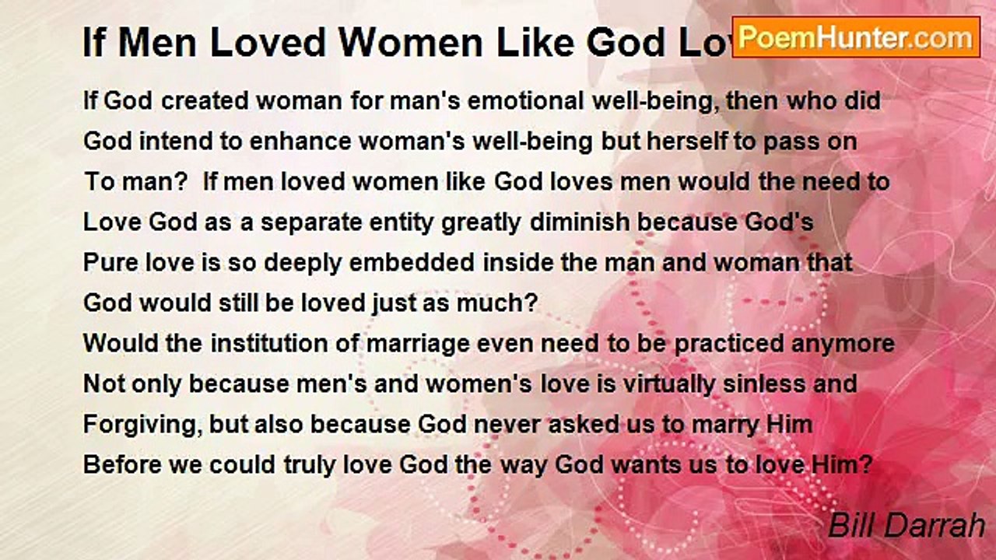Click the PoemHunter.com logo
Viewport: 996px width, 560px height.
[x=856, y=37]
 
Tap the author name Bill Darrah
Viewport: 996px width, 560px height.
[x=907, y=527]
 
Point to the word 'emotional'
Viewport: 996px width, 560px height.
[x=448, y=101]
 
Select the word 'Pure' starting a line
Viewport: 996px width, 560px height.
[x=108, y=263]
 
